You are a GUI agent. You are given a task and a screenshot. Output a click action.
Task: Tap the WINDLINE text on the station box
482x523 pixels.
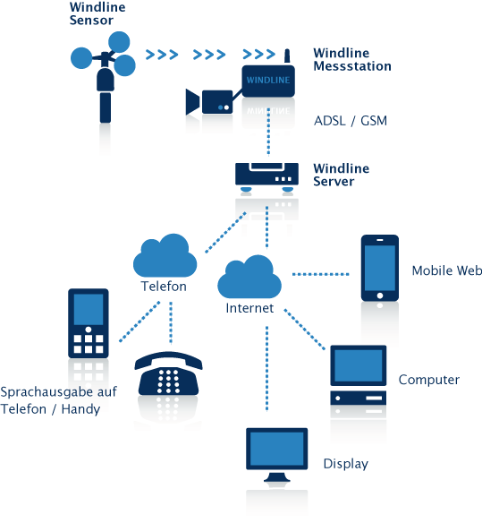tap(268, 80)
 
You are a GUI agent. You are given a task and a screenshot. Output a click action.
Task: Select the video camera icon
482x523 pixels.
tap(209, 102)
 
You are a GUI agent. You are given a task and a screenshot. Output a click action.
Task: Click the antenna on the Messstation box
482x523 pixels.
tap(287, 56)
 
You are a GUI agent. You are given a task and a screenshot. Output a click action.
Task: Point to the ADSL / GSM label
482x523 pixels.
tap(351, 120)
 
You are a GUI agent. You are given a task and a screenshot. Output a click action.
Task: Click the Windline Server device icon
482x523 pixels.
tap(266, 177)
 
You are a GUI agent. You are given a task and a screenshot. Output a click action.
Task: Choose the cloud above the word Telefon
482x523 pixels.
tap(165, 255)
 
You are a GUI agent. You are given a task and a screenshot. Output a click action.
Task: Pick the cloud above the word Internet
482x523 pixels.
tap(249, 277)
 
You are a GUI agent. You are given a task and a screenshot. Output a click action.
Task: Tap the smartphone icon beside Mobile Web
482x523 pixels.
tap(380, 268)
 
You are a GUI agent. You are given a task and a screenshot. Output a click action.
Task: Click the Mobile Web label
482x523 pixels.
tap(447, 270)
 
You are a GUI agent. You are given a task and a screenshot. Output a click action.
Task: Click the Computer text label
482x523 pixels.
tap(429, 380)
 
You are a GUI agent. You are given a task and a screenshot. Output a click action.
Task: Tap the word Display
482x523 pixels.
tap(346, 464)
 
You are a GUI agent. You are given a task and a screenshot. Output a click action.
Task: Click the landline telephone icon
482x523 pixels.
tap(168, 373)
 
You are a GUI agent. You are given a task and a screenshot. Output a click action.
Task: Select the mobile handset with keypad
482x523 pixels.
tap(89, 323)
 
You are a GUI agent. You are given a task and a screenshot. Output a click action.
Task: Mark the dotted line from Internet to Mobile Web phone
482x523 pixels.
tap(320, 274)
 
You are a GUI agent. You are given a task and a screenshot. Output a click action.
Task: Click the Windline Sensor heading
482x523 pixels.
tap(97, 13)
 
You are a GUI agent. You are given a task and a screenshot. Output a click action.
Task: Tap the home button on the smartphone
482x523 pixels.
tap(380, 296)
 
